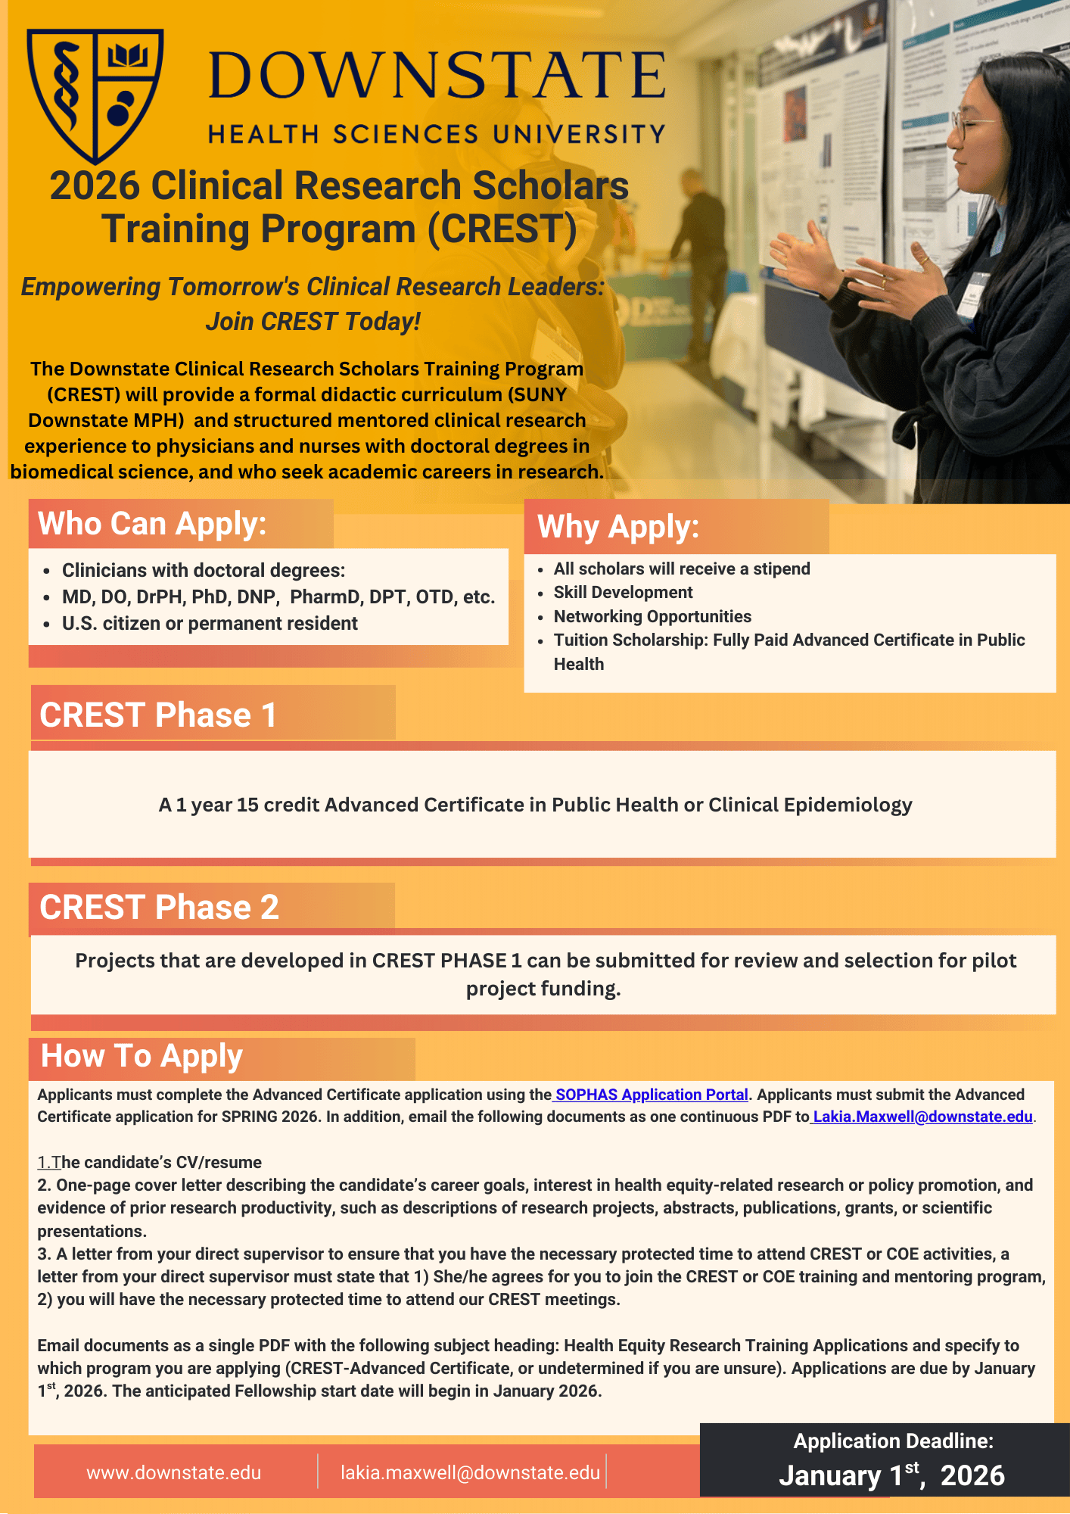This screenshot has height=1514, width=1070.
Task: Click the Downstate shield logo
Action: (95, 95)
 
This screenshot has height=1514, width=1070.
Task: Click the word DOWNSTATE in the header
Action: (437, 75)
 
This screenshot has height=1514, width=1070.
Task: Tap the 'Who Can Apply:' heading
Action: (152, 524)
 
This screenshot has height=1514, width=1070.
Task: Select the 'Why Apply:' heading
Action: (618, 527)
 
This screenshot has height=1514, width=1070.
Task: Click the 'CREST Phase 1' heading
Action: (158, 715)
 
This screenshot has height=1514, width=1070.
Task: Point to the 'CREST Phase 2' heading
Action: (159, 907)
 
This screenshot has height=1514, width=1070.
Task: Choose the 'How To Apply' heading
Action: (142, 1056)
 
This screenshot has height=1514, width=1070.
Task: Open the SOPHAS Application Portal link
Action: (652, 1095)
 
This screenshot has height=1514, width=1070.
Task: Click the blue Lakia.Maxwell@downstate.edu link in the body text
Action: (923, 1117)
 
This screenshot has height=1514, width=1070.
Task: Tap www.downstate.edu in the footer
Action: (174, 1472)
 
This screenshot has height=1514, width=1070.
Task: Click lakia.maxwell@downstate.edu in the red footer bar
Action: (470, 1472)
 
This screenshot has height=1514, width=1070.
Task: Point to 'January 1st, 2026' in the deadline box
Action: (892, 1475)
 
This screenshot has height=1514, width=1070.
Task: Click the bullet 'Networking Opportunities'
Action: (652, 616)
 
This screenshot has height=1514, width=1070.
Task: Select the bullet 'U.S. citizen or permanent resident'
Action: (210, 623)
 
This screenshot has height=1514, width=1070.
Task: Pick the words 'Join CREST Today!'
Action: (313, 321)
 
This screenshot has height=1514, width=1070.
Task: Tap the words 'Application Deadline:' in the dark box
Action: (893, 1441)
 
